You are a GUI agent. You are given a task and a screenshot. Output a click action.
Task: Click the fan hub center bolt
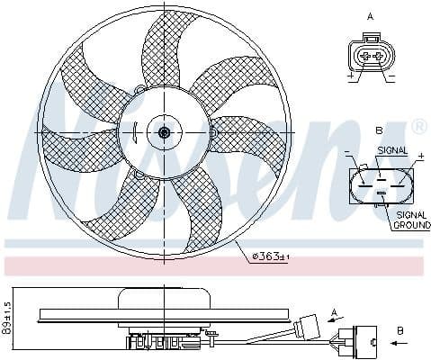[165, 132]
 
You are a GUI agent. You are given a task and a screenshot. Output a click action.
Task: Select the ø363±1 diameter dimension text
[270, 256]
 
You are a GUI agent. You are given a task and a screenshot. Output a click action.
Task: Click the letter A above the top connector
[370, 16]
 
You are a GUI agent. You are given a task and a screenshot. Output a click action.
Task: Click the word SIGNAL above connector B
[392, 150]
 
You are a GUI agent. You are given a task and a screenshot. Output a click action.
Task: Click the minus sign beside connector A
[391, 77]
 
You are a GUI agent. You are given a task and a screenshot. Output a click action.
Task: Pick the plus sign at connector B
[419, 157]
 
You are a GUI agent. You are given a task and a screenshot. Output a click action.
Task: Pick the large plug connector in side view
[364, 340]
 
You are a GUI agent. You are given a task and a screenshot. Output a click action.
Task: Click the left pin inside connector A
[364, 56]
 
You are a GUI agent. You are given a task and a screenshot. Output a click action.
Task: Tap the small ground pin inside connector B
[382, 192]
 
